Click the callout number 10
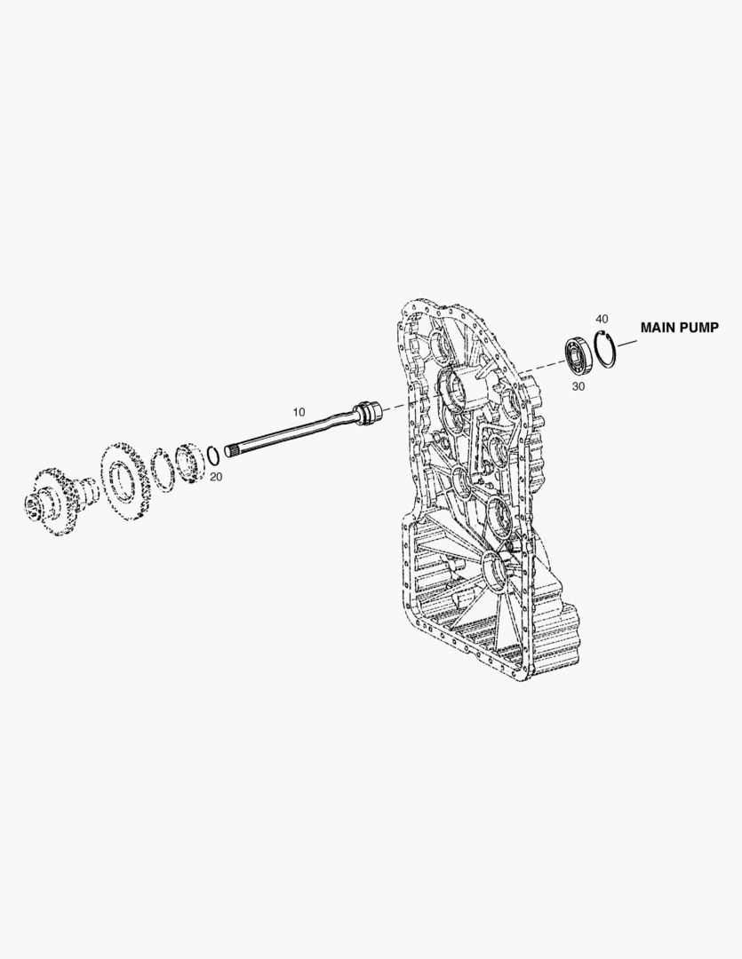coord(299,412)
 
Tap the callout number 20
coord(216,477)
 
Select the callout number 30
coord(578,386)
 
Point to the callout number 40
coord(602,319)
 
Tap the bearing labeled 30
coord(578,356)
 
